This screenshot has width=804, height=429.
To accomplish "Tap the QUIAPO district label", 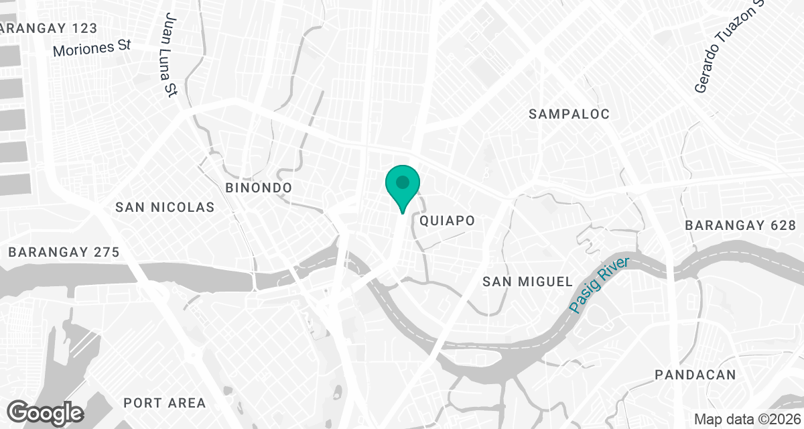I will pyautogui.click(x=447, y=221).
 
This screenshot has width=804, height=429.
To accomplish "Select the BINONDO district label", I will pyautogui.click(x=259, y=188).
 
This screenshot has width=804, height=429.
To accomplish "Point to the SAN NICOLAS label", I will pyautogui.click(x=165, y=207).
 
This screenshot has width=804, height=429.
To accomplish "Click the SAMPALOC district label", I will pyautogui.click(x=569, y=114).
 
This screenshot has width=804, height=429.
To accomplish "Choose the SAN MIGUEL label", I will pyautogui.click(x=528, y=282).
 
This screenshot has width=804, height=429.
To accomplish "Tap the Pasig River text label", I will pyautogui.click(x=600, y=284).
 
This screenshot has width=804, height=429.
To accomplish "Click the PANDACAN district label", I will pyautogui.click(x=695, y=375).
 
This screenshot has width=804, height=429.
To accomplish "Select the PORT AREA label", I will pyautogui.click(x=165, y=403).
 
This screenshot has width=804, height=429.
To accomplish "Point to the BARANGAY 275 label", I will pyautogui.click(x=64, y=253).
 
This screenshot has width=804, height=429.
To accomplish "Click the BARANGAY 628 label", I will pyautogui.click(x=740, y=226).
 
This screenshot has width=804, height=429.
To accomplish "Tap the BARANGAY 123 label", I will pyautogui.click(x=49, y=28).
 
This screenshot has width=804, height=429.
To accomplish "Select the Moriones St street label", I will pyautogui.click(x=91, y=48).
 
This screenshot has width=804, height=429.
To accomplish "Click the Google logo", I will pyautogui.click(x=46, y=412).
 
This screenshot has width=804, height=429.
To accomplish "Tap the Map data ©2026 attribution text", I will pyautogui.click(x=747, y=419).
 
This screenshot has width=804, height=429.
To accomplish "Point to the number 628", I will pyautogui.click(x=782, y=226).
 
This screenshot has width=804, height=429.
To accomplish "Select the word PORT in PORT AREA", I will pyautogui.click(x=143, y=403).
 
